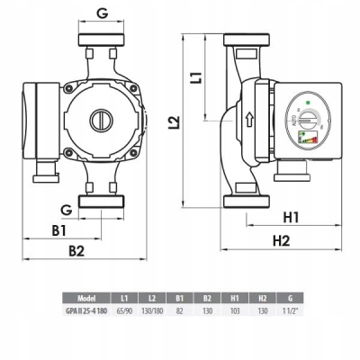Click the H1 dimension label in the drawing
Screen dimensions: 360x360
291,217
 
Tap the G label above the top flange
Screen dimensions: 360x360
101,14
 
